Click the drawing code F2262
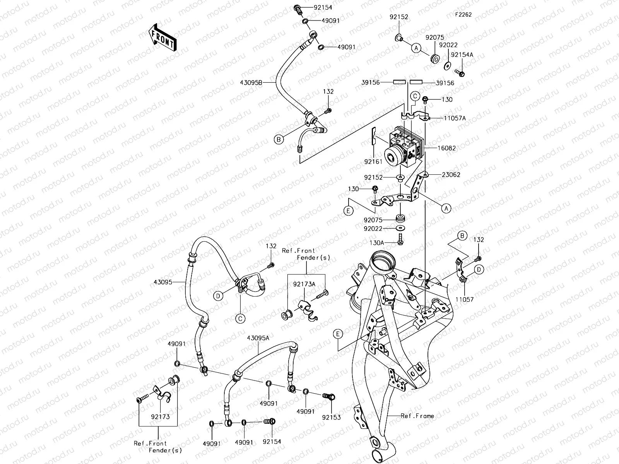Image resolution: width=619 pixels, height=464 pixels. pyautogui.click(x=463, y=15)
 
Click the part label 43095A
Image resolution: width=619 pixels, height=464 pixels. pyautogui.click(x=258, y=338)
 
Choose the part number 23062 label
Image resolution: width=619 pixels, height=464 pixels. pyautogui.click(x=451, y=174)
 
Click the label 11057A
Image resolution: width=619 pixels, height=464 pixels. pyautogui.click(x=455, y=118)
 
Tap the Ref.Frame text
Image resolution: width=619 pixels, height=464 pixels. pyautogui.click(x=417, y=416)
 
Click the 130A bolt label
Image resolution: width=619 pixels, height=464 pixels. pyautogui.click(x=377, y=242)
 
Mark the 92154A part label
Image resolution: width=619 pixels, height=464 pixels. pyautogui.click(x=462, y=55)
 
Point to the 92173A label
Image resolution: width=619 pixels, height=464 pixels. pyautogui.click(x=304, y=284)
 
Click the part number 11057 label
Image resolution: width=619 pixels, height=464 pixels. pyautogui.click(x=464, y=299)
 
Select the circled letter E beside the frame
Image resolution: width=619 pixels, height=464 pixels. pyautogui.click(x=338, y=334)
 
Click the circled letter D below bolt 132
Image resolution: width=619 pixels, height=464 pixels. pyautogui.click(x=479, y=269)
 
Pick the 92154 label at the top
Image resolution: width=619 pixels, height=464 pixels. pyautogui.click(x=323, y=7)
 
